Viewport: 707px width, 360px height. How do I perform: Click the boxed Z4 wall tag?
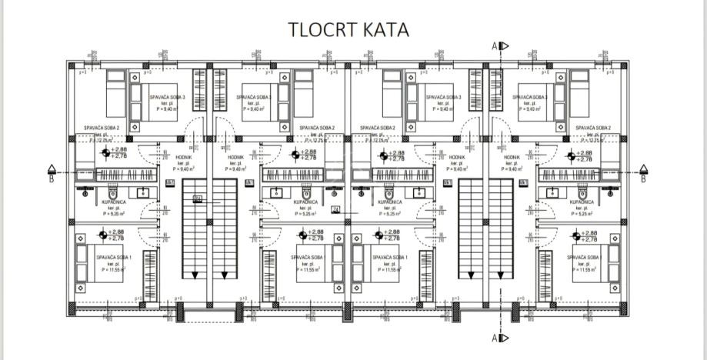[x=335, y=208]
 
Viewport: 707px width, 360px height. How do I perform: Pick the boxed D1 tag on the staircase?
[x=197, y=198]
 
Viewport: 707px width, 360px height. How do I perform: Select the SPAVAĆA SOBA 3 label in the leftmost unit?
[x=167, y=98]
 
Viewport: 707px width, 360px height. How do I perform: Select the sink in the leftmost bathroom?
[x=142, y=192]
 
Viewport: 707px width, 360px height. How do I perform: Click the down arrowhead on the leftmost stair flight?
[x=195, y=275]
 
